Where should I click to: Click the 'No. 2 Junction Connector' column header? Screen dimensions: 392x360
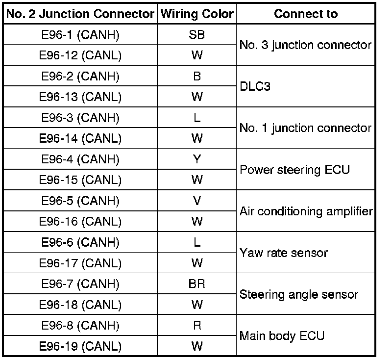(x=80, y=14)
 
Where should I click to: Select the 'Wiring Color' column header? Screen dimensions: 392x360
(x=197, y=14)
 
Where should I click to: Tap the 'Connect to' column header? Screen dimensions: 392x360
(x=306, y=14)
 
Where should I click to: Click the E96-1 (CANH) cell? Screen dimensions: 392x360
(x=80, y=35)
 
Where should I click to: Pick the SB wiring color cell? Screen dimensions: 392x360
(x=197, y=35)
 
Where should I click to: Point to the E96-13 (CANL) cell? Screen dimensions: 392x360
(x=80, y=97)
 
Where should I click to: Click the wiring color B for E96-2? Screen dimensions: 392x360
(x=197, y=77)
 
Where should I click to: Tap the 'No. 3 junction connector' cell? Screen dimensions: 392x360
(x=306, y=45)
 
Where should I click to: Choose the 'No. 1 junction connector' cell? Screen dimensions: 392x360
(x=306, y=129)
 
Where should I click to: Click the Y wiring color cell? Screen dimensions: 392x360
(x=197, y=159)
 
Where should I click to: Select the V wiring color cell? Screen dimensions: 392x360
(x=197, y=201)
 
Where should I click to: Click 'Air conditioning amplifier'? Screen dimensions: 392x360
(x=306, y=211)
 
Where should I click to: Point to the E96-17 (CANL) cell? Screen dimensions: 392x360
(x=80, y=263)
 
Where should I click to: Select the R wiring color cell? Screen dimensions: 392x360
(x=197, y=326)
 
